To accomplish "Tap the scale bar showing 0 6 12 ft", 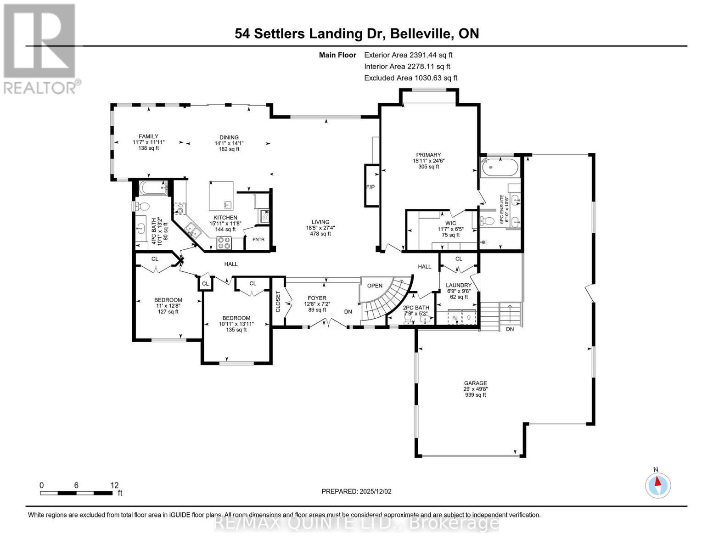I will click(x=76, y=493).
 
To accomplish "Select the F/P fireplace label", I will click(x=371, y=187).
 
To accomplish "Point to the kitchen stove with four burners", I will click(x=224, y=242).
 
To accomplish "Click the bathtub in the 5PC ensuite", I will click(x=500, y=168).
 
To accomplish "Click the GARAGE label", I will click(x=475, y=383).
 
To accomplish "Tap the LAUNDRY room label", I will click(x=459, y=285).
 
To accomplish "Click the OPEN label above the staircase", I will click(x=375, y=286).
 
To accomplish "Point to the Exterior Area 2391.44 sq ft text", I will click(x=408, y=55).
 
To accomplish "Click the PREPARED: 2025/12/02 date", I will click(x=356, y=491).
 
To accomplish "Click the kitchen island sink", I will click(x=227, y=204).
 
